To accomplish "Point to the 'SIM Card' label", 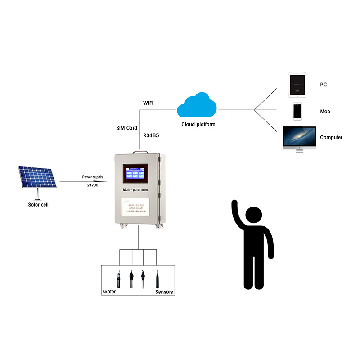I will [126, 128].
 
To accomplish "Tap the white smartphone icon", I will [297, 111].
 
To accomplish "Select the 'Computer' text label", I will [331, 137].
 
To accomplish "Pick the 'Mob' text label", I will [325, 112].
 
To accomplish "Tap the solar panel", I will [37, 179].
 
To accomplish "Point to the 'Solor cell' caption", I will [38, 205].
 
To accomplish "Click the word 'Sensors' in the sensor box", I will [164, 292].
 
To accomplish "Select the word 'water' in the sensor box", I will [109, 292].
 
